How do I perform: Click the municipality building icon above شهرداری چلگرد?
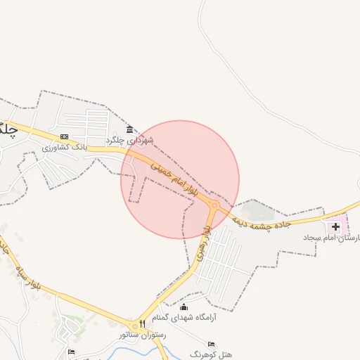(130, 130)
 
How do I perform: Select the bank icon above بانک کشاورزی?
(65, 137)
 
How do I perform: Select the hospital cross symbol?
(335, 227)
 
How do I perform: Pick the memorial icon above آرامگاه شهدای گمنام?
(184, 307)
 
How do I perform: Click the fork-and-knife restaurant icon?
(143, 323)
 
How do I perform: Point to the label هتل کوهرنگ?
(210, 355)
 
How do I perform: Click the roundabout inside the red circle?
(214, 205)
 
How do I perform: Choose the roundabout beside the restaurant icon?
(134, 326)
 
